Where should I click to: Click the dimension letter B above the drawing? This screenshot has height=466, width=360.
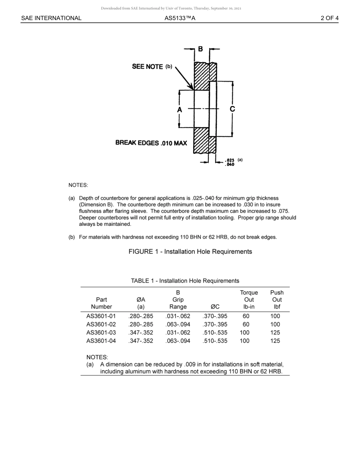[200, 49]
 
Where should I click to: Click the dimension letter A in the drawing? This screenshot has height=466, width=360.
[180, 109]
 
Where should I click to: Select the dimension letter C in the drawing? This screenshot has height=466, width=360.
[232, 109]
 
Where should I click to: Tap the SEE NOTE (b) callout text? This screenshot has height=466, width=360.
[152, 67]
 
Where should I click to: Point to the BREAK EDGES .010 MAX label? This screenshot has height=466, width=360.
[151, 143]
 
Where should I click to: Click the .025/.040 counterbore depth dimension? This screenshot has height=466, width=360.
[230, 162]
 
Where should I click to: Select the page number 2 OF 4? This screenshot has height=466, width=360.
[329, 18]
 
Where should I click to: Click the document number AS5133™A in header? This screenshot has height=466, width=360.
[180, 18]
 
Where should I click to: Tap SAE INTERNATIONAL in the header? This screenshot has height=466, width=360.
[51, 18]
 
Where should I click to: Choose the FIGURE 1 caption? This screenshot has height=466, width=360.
[190, 252]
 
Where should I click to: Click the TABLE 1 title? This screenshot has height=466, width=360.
[185, 281]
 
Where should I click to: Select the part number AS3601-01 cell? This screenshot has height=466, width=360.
[101, 316]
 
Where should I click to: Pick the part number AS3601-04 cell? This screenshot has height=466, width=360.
[101, 341]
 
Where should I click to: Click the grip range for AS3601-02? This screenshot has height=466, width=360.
[178, 324]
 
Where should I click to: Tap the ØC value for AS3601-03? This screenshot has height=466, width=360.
[215, 333]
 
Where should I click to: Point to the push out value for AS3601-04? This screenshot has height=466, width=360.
[275, 341]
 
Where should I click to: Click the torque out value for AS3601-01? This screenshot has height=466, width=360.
[246, 316]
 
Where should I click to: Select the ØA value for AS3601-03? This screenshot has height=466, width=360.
[141, 333]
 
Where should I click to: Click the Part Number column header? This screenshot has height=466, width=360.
[101, 303]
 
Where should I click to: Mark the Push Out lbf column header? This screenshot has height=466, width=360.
[277, 300]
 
